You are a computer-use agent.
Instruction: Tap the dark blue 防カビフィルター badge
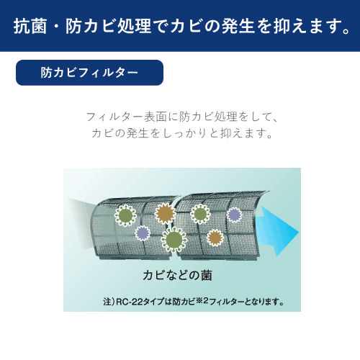click(89, 73)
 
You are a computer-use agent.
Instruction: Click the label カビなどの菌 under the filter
click(177, 276)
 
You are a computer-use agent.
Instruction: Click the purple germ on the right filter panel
click(234, 214)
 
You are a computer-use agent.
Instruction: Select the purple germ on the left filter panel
click(143, 233)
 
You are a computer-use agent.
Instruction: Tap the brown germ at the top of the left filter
click(166, 212)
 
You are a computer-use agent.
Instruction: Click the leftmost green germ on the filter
click(126, 215)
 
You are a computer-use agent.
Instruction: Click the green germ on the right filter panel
click(201, 214)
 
